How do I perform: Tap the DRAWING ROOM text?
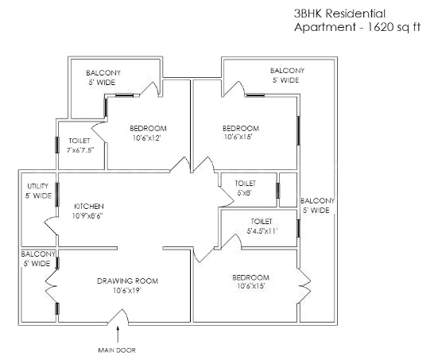pos(127,281)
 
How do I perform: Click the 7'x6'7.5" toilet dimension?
pos(80,149)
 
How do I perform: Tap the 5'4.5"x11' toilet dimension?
pos(262,231)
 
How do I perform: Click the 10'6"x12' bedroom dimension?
pos(146,138)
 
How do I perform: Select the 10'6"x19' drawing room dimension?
pos(127,290)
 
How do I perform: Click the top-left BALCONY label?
pos(103,72)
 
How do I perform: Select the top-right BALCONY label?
pos(287,70)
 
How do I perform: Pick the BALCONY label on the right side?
pos(318,200)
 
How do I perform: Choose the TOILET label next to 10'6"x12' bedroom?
pos(79,140)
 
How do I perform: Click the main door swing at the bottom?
pos(119,320)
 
